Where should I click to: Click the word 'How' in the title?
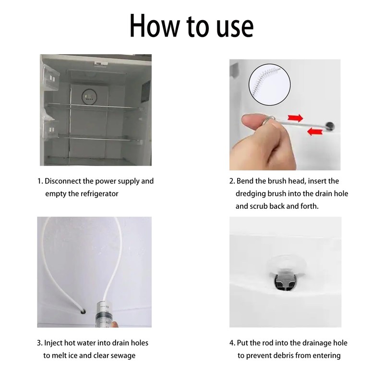[x=155, y=26]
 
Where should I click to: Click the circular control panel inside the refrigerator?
[x=89, y=97]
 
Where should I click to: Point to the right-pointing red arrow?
[x=295, y=118]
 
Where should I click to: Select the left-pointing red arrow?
[x=315, y=132]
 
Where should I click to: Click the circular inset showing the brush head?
[x=269, y=84]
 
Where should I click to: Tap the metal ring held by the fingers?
[x=269, y=121]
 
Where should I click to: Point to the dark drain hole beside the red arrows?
[x=330, y=125]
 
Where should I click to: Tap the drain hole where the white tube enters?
[x=83, y=312]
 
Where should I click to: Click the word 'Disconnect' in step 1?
[x=63, y=181]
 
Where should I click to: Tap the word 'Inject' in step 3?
[x=53, y=343]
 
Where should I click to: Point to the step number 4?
[x=232, y=343]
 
